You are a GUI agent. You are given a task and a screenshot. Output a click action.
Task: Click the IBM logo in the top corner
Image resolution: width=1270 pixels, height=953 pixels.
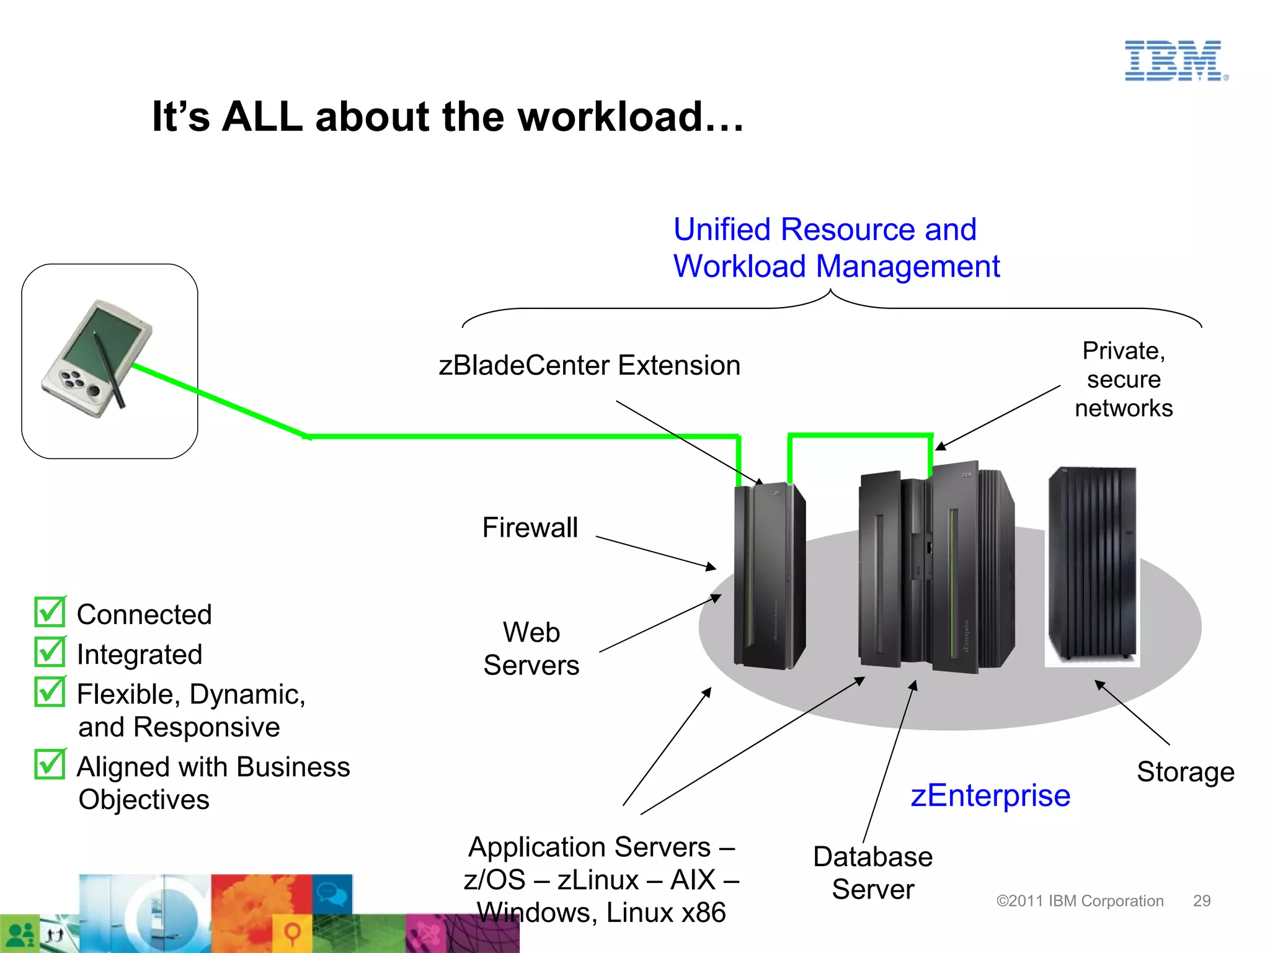[x=1175, y=61]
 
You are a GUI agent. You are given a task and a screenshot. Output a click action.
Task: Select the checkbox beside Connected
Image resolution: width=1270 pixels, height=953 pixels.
[x=50, y=612]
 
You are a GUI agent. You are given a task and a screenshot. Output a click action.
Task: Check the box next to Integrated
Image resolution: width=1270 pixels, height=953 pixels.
[x=50, y=651]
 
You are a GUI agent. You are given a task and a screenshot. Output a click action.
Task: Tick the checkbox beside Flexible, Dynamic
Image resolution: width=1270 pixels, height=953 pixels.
[x=50, y=691]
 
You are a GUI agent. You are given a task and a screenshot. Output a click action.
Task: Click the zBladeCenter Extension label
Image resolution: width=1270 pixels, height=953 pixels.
[x=589, y=365]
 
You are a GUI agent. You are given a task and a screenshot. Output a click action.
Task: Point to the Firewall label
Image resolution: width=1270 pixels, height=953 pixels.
[x=530, y=528]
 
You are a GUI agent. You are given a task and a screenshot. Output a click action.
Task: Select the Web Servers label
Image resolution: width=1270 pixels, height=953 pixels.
[x=531, y=648]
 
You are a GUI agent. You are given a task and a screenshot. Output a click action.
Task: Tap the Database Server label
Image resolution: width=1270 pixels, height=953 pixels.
[x=873, y=873]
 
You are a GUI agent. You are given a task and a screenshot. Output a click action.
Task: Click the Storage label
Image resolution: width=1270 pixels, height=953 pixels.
[x=1185, y=772]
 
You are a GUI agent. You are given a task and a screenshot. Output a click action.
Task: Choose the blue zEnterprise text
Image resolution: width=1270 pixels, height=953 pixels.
[x=990, y=795]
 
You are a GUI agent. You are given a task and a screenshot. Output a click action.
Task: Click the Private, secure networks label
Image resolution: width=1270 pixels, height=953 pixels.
[x=1124, y=379]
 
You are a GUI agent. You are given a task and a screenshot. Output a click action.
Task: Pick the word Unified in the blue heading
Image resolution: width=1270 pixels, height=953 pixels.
[x=724, y=230]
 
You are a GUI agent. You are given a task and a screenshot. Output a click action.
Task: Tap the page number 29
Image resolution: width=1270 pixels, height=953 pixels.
[x=1202, y=901]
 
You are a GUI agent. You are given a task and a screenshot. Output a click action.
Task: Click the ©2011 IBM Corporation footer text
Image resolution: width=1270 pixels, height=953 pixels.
[x=1080, y=901]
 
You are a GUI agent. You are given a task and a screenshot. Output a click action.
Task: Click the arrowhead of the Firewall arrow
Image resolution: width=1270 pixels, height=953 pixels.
[x=713, y=567]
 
